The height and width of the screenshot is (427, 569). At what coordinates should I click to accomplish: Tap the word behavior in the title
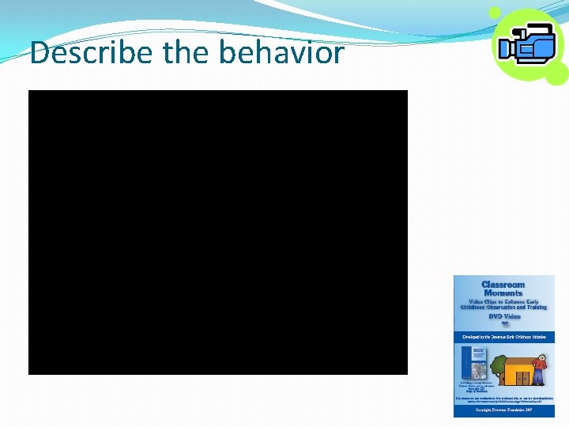pyautogui.click(x=281, y=53)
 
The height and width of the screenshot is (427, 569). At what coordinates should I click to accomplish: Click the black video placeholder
pyautogui.click(x=217, y=232)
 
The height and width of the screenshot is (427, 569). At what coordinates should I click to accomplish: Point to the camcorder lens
pyautogui.click(x=507, y=49)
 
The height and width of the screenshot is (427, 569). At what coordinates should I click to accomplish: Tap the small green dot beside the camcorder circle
pyautogui.click(x=495, y=13)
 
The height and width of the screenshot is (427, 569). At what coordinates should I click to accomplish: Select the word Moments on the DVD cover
pyautogui.click(x=503, y=293)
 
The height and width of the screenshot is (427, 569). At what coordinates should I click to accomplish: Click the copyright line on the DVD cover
pyautogui.click(x=503, y=412)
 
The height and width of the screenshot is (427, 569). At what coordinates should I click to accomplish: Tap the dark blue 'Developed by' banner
pyautogui.click(x=503, y=337)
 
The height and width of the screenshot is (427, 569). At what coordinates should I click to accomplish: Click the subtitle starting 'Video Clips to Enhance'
pyautogui.click(x=503, y=304)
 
